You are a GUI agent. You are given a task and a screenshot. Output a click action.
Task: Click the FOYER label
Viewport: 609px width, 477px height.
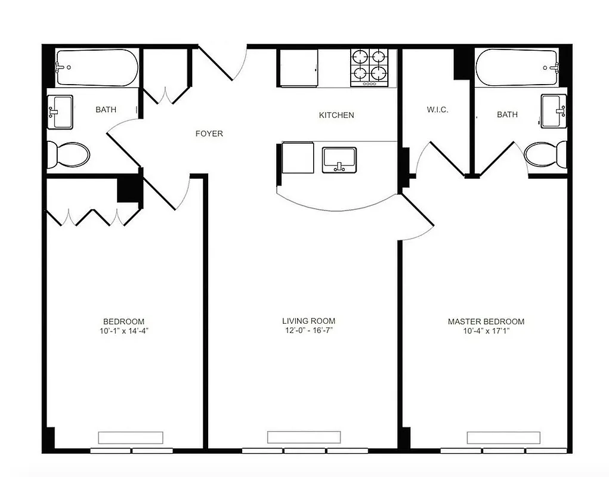pos(209,134)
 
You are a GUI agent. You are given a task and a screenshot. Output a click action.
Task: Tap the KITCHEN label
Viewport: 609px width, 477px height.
pos(336,115)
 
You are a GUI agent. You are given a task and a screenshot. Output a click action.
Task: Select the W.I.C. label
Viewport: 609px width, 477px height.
pos(437,110)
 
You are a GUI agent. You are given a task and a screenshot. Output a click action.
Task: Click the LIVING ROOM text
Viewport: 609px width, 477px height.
pos(308,321)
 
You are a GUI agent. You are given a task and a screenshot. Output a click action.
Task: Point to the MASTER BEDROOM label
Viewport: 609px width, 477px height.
pos(486,321)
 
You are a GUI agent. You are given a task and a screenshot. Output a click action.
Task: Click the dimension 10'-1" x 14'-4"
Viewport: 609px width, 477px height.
pos(123,331)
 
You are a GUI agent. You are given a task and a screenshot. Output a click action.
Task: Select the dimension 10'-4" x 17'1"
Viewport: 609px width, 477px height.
pos(486,331)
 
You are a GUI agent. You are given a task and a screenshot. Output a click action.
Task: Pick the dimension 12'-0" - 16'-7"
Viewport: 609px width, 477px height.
pos(308,330)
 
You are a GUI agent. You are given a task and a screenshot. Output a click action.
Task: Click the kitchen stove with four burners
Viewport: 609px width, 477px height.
pos(369,66)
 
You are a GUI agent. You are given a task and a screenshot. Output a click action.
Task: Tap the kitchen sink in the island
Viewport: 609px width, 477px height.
pos(339,160)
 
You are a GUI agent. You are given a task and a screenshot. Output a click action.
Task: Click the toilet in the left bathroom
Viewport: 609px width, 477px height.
pos(68,154)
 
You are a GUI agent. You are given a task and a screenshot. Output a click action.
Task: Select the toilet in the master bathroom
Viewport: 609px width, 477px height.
pos(545,154)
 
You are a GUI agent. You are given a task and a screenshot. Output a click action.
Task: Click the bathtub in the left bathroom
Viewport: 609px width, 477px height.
pos(97,67)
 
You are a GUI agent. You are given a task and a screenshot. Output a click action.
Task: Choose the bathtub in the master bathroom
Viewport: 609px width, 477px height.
pos(517,67)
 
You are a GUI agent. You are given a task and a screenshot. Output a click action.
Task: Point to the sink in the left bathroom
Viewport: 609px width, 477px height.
pos(60,111)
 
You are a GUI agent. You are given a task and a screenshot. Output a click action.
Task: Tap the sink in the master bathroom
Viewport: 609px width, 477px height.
pos(554,111)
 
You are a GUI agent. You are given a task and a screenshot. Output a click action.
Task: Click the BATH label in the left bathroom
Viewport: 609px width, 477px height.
pos(106,110)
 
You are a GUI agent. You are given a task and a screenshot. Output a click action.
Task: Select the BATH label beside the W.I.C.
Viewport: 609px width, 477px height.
pos(508,114)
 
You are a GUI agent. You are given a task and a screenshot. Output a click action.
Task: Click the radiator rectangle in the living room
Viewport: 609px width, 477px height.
pos(304,437)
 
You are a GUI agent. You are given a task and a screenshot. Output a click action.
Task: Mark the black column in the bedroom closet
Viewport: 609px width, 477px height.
pos(129,190)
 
